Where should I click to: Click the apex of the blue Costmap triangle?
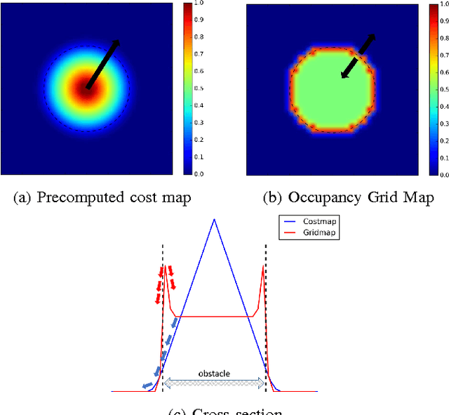point(214,219)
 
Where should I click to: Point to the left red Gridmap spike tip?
point(166,266)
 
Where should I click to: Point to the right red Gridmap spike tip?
point(263,266)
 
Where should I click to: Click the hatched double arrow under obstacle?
point(214,383)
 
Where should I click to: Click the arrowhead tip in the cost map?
point(118,41)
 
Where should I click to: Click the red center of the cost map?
point(87,88)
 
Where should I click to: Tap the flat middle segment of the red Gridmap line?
point(214,317)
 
